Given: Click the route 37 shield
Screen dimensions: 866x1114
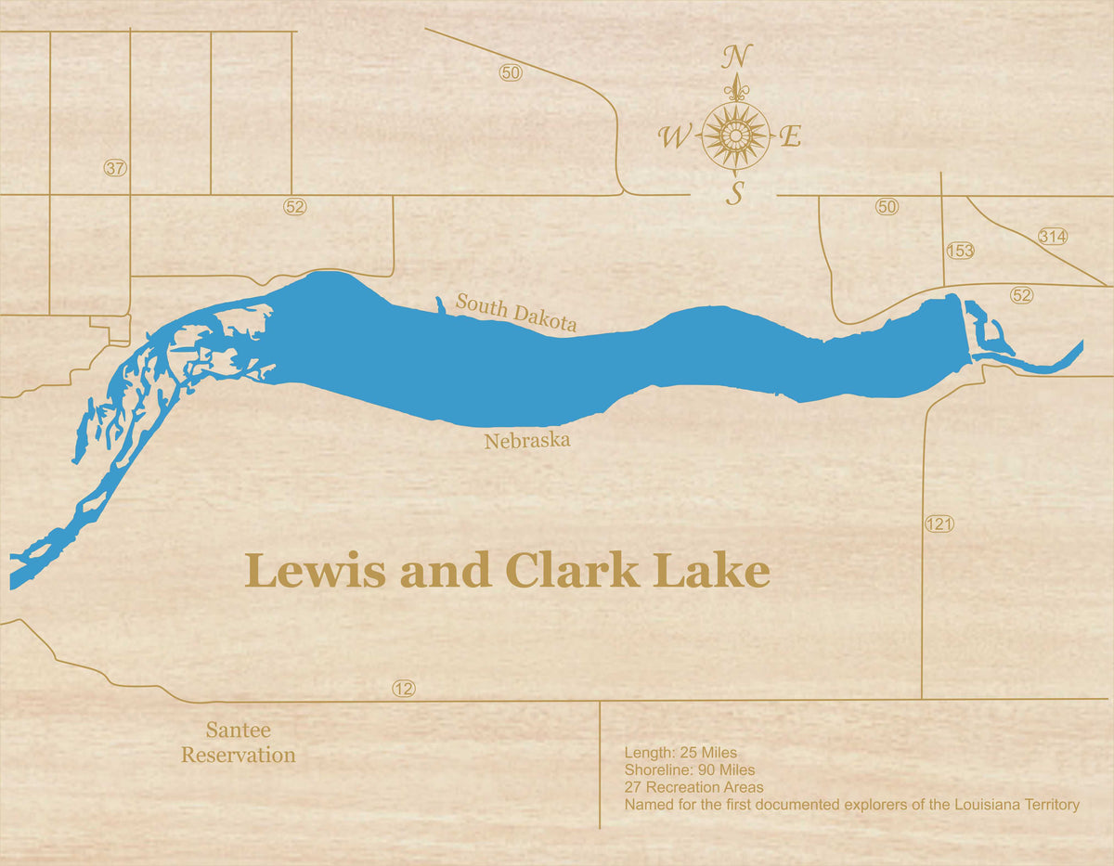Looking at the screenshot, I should pyautogui.click(x=115, y=168).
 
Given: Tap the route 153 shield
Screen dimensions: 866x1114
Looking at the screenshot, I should pyautogui.click(x=960, y=251).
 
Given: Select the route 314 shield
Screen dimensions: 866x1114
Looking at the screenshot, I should pyautogui.click(x=1053, y=236).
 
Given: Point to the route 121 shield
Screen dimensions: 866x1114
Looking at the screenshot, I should pyautogui.click(x=939, y=524).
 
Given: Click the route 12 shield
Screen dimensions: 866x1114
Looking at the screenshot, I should pyautogui.click(x=403, y=689).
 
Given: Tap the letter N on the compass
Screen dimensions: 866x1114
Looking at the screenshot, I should pyautogui.click(x=736, y=57).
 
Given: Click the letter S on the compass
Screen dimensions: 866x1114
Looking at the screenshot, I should pyautogui.click(x=735, y=193).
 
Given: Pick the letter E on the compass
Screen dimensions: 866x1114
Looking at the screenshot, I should pyautogui.click(x=790, y=137).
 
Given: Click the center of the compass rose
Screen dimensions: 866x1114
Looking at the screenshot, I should pyautogui.click(x=735, y=136).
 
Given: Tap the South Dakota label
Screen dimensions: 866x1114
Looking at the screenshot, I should pyautogui.click(x=516, y=312).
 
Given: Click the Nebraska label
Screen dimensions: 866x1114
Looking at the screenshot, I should pyautogui.click(x=526, y=441).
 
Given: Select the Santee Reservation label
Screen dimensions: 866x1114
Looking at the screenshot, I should pyautogui.click(x=239, y=743).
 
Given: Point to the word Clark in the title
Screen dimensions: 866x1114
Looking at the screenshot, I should pyautogui.click(x=572, y=571).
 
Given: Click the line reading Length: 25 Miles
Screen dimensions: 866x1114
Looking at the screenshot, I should pyautogui.click(x=680, y=753).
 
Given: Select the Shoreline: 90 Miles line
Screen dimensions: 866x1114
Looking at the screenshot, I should pyautogui.click(x=689, y=769).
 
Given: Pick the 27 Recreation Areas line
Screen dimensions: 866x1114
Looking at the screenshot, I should pyautogui.click(x=693, y=787).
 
